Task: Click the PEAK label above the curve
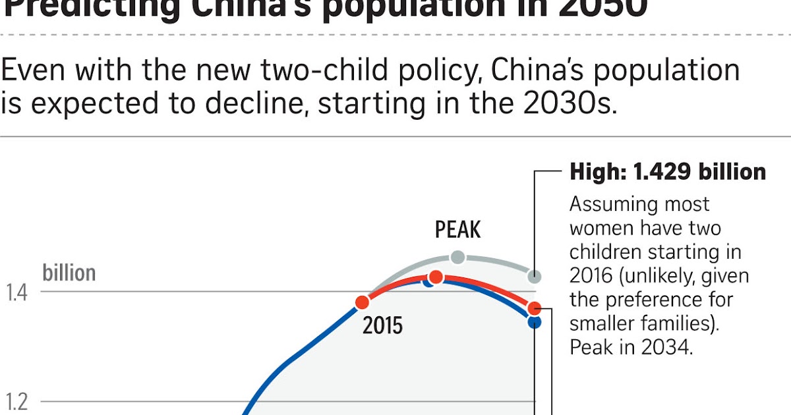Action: [x=457, y=230]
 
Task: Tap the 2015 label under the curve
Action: [x=382, y=325]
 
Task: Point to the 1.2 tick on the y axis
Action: [x=17, y=401]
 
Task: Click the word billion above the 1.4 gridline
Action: [x=69, y=273]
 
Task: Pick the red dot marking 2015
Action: [x=362, y=302]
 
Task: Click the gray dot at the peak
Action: [x=457, y=257]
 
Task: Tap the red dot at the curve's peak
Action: [x=436, y=277]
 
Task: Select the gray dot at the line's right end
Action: [x=535, y=276]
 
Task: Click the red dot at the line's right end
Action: [x=535, y=308]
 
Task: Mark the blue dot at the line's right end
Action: [x=535, y=322]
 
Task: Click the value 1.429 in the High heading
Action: [x=663, y=172]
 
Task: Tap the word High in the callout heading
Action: [x=597, y=172]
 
